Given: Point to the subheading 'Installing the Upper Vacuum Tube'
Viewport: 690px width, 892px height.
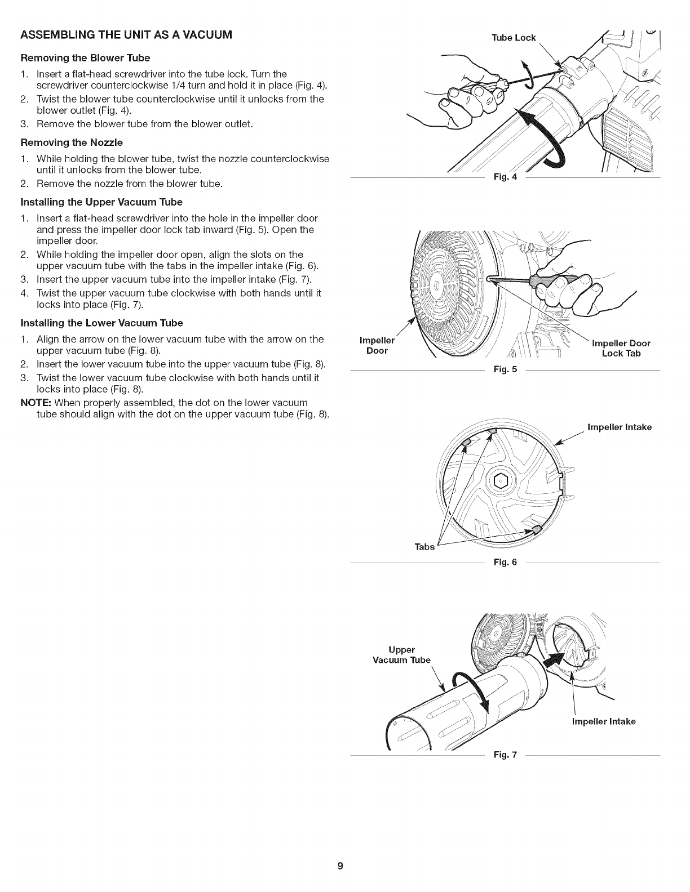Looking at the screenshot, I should pyautogui.click(x=101, y=202).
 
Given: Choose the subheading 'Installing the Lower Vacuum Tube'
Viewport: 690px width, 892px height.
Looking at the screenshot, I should pyautogui.click(x=101, y=323).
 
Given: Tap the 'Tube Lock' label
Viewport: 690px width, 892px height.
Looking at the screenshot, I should pyautogui.click(x=513, y=38).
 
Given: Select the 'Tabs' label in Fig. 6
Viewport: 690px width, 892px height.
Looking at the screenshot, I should pyautogui.click(x=424, y=547).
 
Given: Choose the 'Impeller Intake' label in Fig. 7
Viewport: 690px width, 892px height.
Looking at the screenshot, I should pyautogui.click(x=603, y=721).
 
